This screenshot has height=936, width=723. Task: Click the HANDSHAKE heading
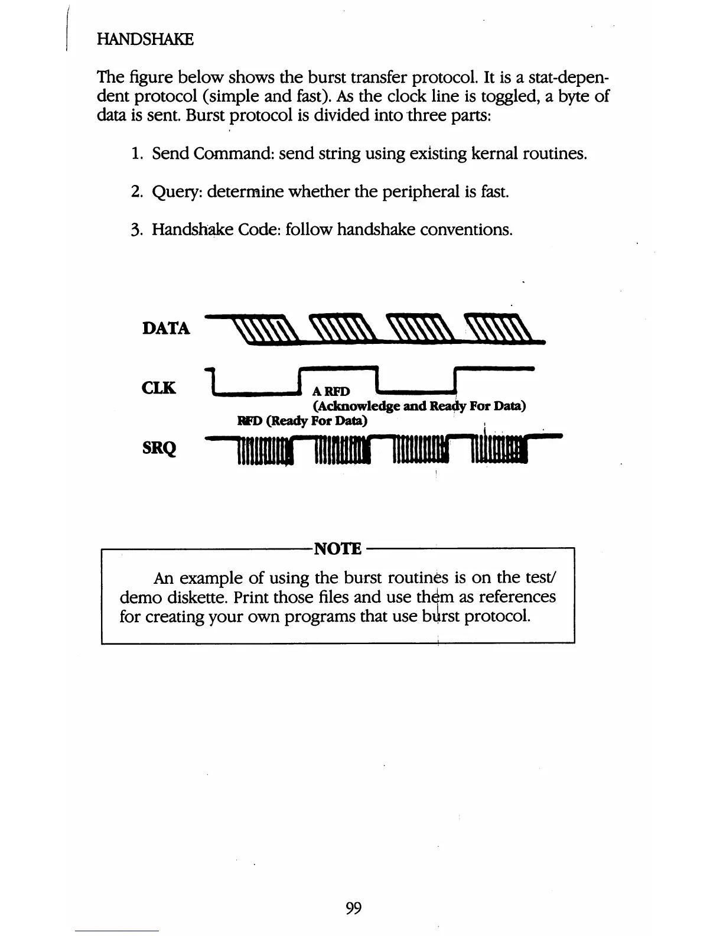[145, 40]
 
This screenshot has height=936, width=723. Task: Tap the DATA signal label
[166, 329]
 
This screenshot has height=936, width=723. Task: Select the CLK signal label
[159, 388]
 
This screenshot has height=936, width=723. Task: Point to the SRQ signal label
[159, 448]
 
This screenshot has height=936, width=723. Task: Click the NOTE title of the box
[338, 548]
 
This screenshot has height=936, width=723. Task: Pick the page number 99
[353, 908]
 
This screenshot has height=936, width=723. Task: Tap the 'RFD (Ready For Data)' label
[302, 421]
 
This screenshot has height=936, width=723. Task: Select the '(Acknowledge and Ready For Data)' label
[419, 406]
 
